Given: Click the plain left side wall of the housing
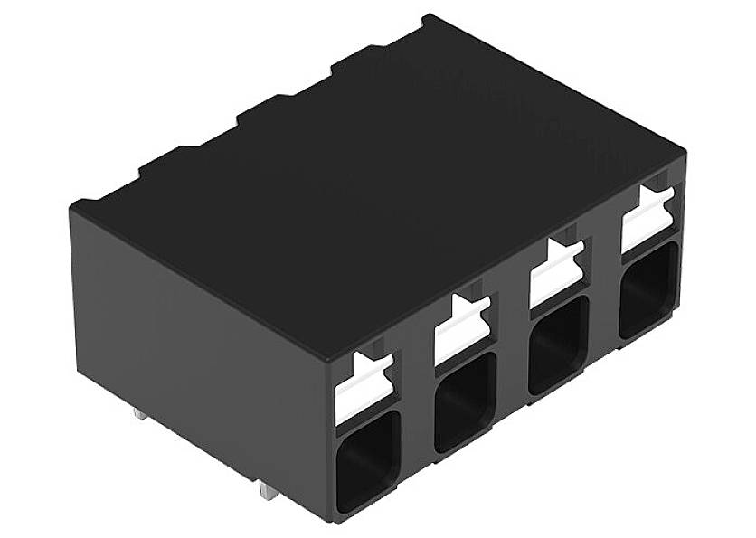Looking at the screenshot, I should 199,344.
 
